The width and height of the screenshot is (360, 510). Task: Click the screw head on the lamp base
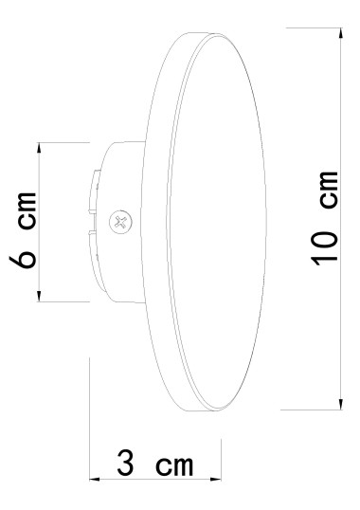pos(118,223)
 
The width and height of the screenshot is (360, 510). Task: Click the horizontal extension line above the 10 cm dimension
pos(313,28)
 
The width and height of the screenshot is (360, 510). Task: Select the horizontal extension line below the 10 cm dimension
pos(313,410)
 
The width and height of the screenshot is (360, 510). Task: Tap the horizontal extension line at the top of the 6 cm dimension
pos(62,142)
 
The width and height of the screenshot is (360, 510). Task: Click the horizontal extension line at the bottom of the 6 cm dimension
pos(62,303)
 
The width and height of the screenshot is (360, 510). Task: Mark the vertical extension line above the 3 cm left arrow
pos(89,417)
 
